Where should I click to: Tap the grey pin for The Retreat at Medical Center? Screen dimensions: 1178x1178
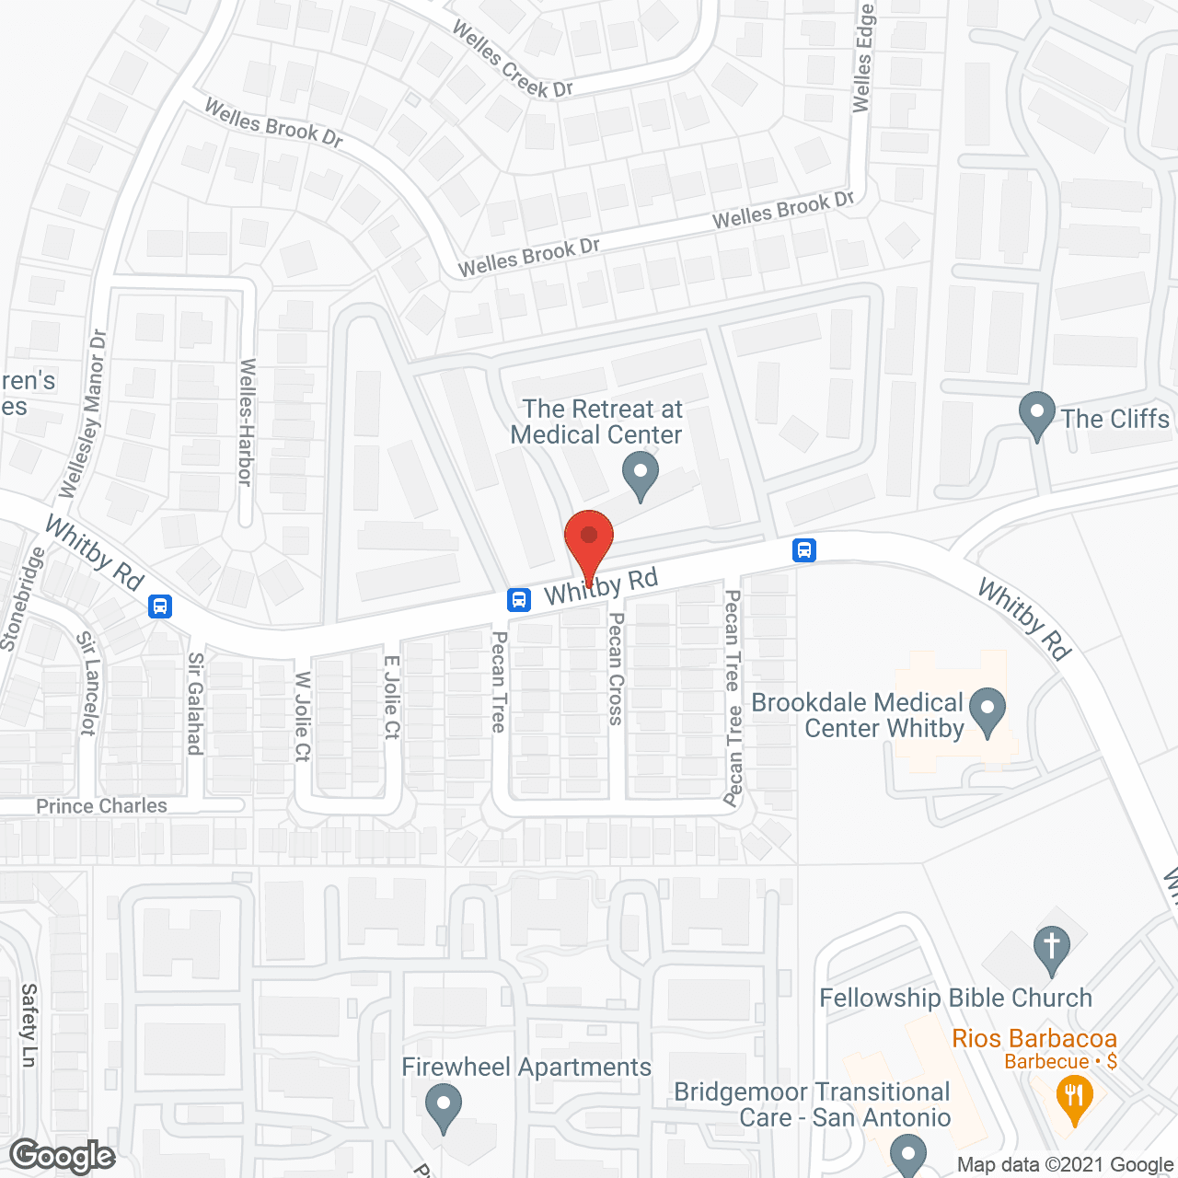pyautogui.click(x=641, y=475)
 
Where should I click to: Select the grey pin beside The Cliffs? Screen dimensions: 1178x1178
pyautogui.click(x=1037, y=415)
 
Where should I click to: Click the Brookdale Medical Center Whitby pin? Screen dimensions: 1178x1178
pyautogui.click(x=987, y=711)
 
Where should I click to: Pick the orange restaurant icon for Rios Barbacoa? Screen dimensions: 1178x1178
pyautogui.click(x=1073, y=1098)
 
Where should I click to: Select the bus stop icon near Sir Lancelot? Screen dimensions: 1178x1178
pyautogui.click(x=160, y=606)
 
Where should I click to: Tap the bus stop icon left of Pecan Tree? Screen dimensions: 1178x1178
pyautogui.click(x=519, y=600)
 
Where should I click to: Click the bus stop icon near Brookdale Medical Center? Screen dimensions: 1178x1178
pyautogui.click(x=804, y=550)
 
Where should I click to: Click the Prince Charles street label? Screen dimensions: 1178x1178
pyautogui.click(x=101, y=806)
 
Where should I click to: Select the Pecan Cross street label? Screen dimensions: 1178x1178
pyautogui.click(x=616, y=669)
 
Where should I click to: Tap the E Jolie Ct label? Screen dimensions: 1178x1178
pyautogui.click(x=392, y=697)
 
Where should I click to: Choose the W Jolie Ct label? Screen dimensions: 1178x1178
pyautogui.click(x=303, y=717)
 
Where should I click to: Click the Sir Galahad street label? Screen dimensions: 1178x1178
pyautogui.click(x=195, y=704)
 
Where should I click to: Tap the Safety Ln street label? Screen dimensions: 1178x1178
pyautogui.click(x=29, y=1025)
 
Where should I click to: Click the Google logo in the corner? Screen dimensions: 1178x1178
pyautogui.click(x=63, y=1156)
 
